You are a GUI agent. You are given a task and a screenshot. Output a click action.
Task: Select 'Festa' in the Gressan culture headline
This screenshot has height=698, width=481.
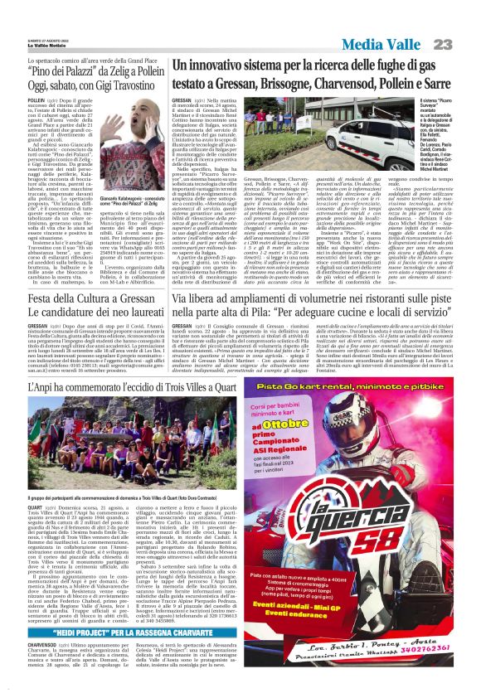pos(42,298)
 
